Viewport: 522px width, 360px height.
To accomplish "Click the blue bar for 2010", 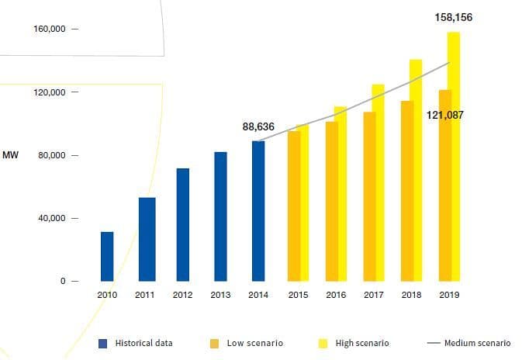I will [107, 256].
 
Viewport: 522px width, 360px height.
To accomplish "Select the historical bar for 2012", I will [183, 224].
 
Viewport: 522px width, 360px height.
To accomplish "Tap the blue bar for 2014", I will [258, 211].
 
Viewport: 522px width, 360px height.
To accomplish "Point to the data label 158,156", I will [454, 17].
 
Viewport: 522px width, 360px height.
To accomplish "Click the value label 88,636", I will [258, 126].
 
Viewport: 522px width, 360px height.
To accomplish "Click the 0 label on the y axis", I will [65, 281].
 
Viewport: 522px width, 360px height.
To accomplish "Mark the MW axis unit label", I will [10, 155].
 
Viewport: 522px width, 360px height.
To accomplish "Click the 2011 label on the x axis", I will [145, 295].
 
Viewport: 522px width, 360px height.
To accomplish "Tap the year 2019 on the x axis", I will [448, 295].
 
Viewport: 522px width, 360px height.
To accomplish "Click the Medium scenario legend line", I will [433, 343].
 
